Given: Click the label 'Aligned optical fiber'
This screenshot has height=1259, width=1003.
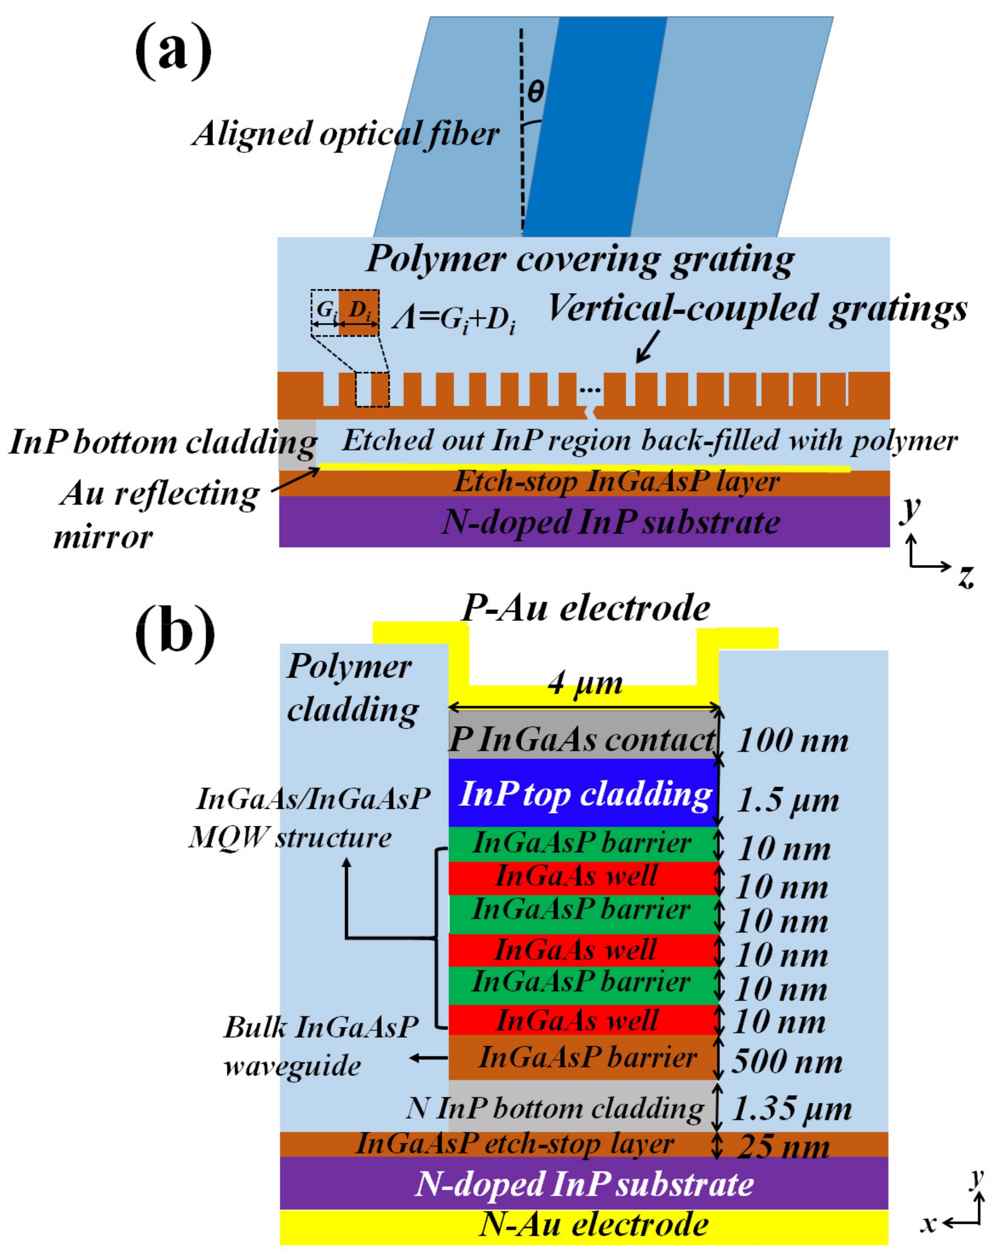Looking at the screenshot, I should pos(346,134).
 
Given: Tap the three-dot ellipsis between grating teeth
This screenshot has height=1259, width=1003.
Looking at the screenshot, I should pos(590,389).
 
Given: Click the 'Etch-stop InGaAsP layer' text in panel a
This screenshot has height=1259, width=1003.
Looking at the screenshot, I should pos(616,482).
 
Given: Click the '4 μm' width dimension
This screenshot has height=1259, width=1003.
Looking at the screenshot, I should pos(585,682).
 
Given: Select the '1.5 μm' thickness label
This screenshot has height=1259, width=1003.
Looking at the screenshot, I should pos(788,800).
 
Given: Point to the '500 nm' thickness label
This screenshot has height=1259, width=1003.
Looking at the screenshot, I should pos(786,1061).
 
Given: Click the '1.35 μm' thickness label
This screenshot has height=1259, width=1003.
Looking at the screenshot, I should pos(791,1108).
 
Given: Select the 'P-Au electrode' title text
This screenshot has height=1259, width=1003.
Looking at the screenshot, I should pos(585,608).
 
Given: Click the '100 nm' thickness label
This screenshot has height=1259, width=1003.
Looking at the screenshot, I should pos(792,741).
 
